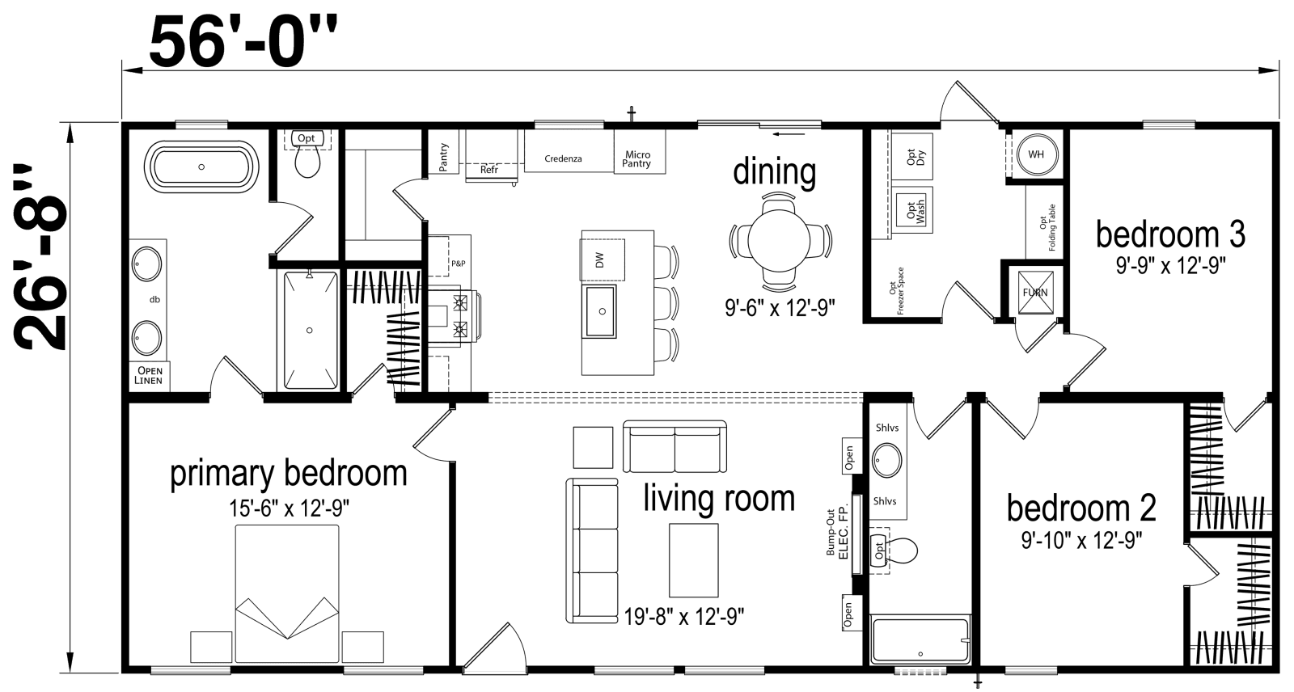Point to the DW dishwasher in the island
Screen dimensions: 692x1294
coord(599,260)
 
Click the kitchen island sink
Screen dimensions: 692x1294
coord(599,310)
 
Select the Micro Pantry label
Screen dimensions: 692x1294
coord(636,159)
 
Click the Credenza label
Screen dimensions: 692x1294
coord(564,159)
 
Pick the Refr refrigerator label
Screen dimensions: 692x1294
coord(488,170)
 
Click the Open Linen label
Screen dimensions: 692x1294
coord(149,376)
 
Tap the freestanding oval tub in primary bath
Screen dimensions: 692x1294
coord(201,167)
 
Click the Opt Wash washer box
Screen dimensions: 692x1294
coord(915,212)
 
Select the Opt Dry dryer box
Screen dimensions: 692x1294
coord(915,158)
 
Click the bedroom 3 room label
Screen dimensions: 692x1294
coord(1169,234)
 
